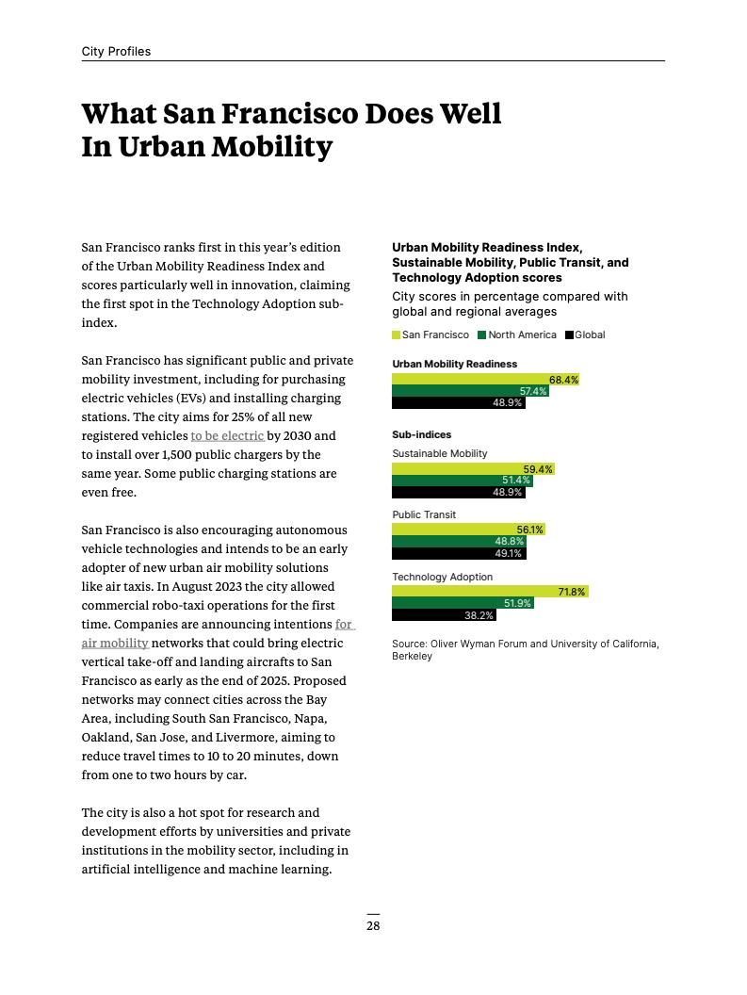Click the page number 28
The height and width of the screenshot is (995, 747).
click(x=373, y=926)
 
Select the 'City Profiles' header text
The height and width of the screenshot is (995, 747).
click(x=116, y=52)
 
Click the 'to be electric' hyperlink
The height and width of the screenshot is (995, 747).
click(x=227, y=436)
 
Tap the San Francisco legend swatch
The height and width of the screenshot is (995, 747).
click(x=396, y=335)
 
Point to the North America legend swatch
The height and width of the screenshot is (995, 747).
click(x=482, y=335)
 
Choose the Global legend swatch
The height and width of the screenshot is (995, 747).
click(x=569, y=335)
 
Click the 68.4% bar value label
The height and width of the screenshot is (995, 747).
click(x=563, y=380)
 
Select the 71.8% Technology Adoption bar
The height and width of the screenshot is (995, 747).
click(x=490, y=592)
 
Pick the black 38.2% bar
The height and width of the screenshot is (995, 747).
click(x=444, y=615)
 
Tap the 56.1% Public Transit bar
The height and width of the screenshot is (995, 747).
click(x=468, y=530)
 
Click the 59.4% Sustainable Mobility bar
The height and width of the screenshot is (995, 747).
click(x=473, y=468)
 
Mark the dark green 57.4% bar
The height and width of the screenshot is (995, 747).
click(x=470, y=391)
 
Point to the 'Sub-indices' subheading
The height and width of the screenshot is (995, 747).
click(x=421, y=435)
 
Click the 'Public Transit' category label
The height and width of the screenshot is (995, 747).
click(x=424, y=515)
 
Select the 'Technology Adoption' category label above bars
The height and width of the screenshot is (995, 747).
click(x=442, y=577)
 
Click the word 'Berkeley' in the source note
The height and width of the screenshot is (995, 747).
click(x=412, y=656)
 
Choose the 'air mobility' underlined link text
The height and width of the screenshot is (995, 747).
click(x=115, y=644)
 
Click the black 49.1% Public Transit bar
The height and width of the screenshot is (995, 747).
click(x=459, y=553)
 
